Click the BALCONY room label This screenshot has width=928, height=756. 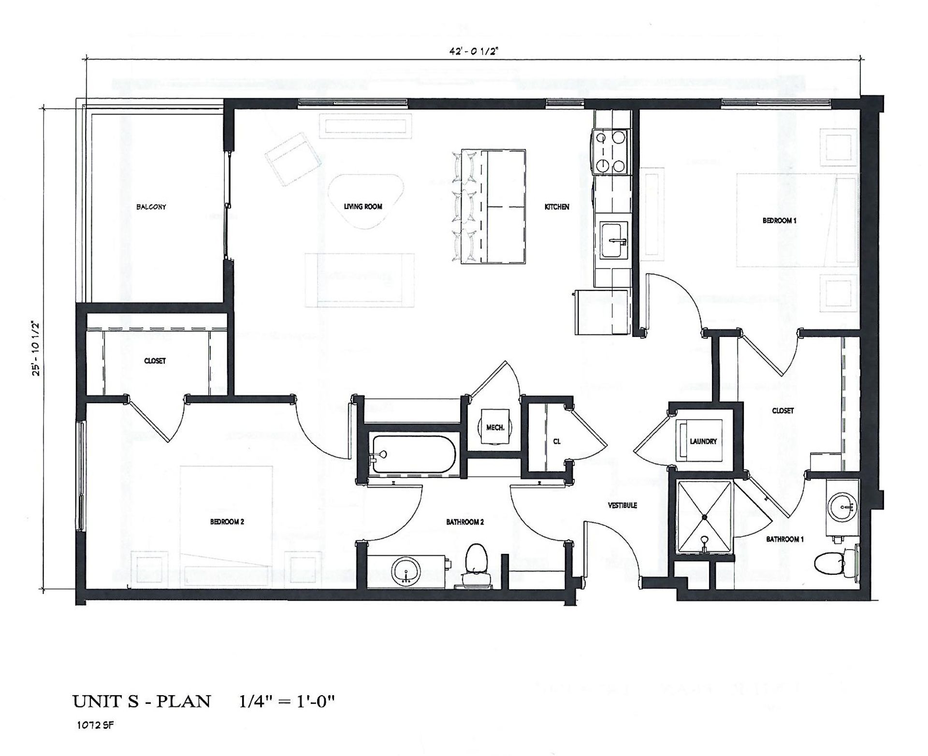click(151, 207)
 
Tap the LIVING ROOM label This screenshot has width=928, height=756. click(363, 206)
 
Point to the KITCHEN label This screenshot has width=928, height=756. click(557, 206)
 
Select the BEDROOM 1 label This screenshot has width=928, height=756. click(780, 220)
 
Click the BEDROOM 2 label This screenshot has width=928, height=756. click(227, 522)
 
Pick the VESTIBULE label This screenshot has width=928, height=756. click(623, 505)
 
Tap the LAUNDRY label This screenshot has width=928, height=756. click(703, 441)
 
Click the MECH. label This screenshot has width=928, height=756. click(495, 427)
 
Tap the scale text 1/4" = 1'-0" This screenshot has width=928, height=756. click(287, 701)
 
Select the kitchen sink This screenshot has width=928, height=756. click(614, 240)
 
